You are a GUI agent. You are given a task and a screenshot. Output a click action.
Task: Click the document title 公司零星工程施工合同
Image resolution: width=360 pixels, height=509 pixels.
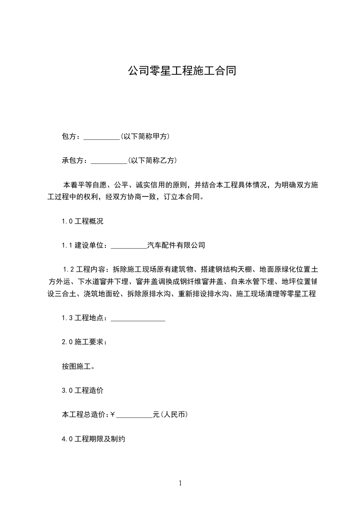181,71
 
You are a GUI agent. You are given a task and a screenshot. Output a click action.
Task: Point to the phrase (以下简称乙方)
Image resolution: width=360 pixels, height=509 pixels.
153,161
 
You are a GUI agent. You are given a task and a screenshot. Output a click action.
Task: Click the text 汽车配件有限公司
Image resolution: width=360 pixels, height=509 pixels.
177,245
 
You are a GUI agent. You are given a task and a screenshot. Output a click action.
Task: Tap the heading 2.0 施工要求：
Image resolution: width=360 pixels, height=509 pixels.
84,342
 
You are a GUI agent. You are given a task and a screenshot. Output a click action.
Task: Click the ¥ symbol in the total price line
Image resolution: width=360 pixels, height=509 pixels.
113,415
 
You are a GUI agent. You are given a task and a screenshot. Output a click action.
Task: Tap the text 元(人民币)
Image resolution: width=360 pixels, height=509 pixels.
171,415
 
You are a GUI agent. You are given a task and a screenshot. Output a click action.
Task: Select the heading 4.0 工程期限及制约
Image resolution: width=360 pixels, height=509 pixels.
93,439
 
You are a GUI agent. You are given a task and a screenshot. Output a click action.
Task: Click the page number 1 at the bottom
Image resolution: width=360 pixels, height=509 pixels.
180,483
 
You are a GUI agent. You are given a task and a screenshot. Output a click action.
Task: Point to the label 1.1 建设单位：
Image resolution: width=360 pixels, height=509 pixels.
84,245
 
